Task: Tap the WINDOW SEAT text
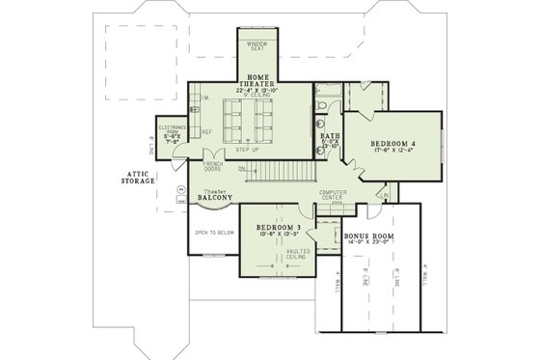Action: pos(257,47)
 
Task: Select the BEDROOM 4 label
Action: pos(393,144)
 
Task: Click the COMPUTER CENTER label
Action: pos(335,197)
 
